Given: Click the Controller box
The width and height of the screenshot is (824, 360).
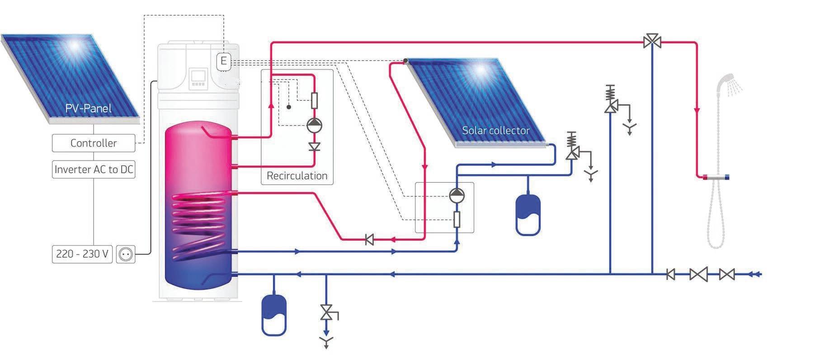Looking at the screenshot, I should [94, 143].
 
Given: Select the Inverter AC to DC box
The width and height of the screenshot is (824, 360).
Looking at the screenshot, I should [94, 170].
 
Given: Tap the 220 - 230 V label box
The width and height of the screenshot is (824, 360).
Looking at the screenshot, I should [82, 254].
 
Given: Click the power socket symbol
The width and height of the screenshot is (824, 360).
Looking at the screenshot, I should [126, 255].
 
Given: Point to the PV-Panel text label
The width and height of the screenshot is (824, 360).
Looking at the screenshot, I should [88, 109].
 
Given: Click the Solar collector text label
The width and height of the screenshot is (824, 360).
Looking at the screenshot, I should [495, 131].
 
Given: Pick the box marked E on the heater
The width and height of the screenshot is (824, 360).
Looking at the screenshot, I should [223, 61].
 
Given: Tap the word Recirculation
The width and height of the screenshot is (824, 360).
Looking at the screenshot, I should [297, 176].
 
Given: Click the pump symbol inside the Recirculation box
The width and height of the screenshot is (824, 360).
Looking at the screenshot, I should [314, 125].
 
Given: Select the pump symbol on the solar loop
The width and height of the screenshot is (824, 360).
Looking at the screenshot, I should [457, 195].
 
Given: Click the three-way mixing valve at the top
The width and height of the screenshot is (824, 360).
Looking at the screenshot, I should [652, 42].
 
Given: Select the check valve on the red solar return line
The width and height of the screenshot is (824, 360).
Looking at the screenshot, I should [369, 240].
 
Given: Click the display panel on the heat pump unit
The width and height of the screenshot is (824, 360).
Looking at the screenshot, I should [198, 78].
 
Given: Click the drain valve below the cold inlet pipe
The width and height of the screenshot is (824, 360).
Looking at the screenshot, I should [326, 313].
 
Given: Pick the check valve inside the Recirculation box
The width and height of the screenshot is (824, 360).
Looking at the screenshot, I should [314, 147].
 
